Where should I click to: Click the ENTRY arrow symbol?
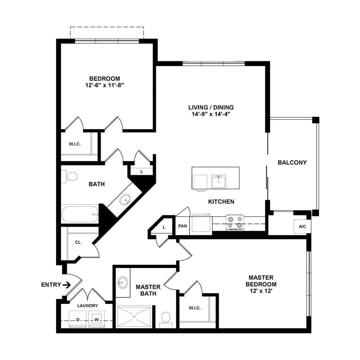(67, 285)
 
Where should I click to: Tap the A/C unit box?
(302, 227)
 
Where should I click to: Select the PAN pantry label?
(182, 226)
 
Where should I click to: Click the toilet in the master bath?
(165, 318)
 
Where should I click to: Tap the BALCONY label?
(292, 163)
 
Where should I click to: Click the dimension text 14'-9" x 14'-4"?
(211, 114)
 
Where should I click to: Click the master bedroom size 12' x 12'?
(261, 291)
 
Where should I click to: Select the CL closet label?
(78, 242)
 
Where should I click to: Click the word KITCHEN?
(221, 202)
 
